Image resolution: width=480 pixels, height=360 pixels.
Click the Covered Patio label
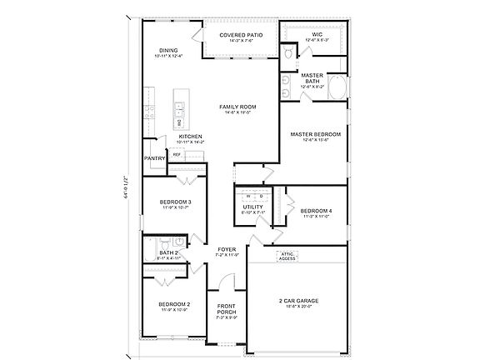pos(241,36)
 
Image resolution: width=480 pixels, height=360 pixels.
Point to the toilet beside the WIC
pos(287,52)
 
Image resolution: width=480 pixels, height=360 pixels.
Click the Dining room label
pos(169,52)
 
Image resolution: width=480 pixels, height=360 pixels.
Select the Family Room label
pos(237,107)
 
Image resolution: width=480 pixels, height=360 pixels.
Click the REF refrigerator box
pos(177,154)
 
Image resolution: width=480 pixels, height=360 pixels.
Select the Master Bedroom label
pos(316,134)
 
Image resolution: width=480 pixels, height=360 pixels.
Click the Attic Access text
pos(287,255)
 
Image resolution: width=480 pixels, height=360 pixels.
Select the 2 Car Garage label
pos(298,301)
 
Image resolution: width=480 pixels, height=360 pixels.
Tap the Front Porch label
pos(227,309)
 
